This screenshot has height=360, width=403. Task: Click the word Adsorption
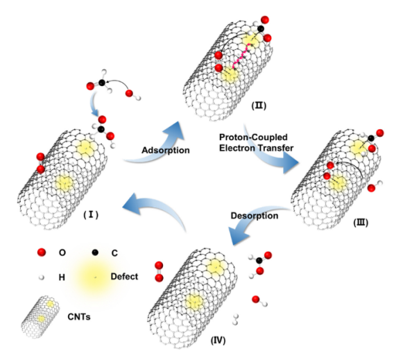(166, 150)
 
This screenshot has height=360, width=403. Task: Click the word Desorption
(255, 215)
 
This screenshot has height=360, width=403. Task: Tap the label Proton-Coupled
(253, 137)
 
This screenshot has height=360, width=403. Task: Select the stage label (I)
(91, 214)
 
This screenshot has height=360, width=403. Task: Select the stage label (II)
(259, 105)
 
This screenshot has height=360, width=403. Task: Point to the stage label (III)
(361, 222)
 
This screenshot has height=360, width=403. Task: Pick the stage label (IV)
(218, 341)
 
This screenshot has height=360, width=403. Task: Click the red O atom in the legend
(42, 252)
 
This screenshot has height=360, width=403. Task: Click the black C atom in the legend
(95, 252)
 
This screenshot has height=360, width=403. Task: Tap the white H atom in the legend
(41, 277)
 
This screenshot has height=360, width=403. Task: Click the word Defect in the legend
(124, 277)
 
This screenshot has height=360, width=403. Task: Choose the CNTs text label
(79, 317)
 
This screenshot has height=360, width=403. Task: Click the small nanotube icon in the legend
(40, 316)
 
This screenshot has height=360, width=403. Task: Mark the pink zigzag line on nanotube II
(241, 55)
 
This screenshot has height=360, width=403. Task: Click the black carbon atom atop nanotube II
(261, 28)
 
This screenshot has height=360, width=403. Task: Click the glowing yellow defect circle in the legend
(94, 277)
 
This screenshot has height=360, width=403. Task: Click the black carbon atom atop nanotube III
(371, 138)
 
